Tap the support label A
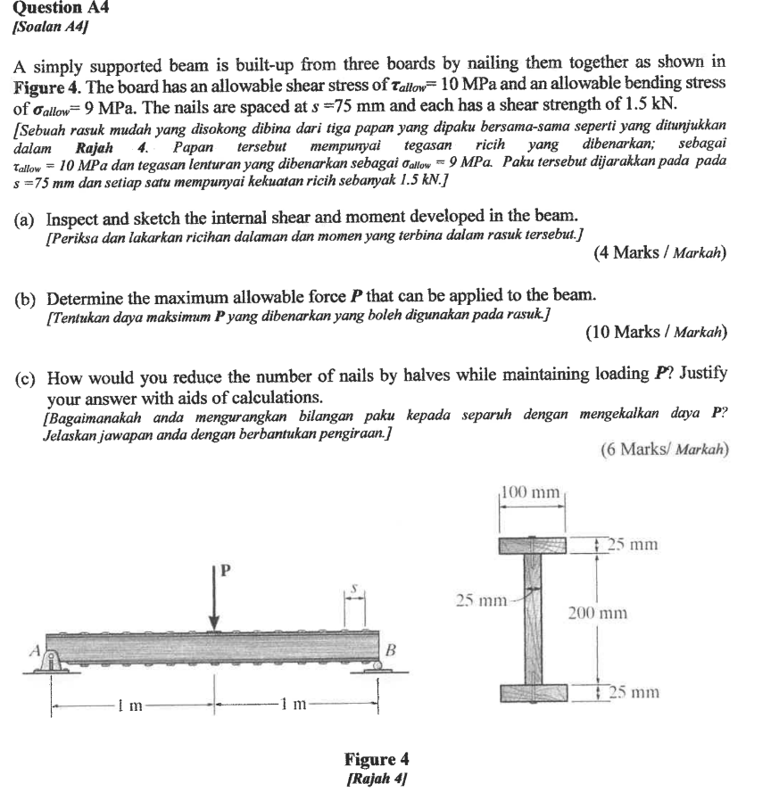pos(37,651)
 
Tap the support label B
pos(389,651)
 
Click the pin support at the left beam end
pos(53,664)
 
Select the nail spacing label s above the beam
pos(355,590)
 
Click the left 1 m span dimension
pos(131,705)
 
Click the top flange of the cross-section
pos(532,544)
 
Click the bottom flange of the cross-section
pos(532,692)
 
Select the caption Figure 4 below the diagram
pos(377,759)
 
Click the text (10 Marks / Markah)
pos(656,333)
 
